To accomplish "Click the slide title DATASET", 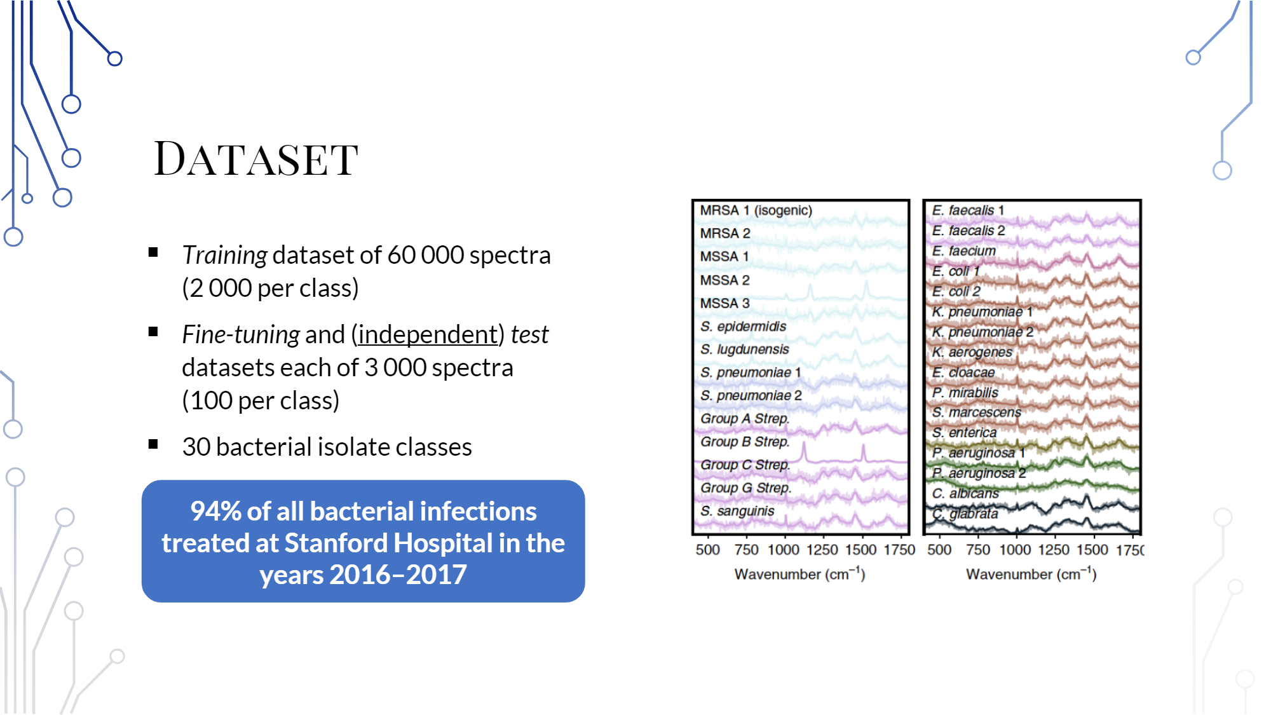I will [256, 159].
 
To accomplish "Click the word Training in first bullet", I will [224, 255].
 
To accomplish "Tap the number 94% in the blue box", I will [215, 511].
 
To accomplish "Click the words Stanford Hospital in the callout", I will [388, 543].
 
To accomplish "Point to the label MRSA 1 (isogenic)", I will [756, 210].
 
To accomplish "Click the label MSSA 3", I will [724, 303].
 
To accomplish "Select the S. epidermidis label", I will [743, 326].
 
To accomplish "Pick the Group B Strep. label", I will [744, 441].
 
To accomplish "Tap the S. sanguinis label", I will [737, 511].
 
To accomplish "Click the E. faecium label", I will [963, 250].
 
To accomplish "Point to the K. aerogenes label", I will [972, 351].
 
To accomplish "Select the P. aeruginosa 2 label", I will [979, 473].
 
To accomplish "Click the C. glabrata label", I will [965, 513].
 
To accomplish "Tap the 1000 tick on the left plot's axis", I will [783, 550].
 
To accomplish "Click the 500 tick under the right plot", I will [939, 550].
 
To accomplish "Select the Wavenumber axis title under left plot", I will [799, 574].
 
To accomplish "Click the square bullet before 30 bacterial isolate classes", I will [153, 444].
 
